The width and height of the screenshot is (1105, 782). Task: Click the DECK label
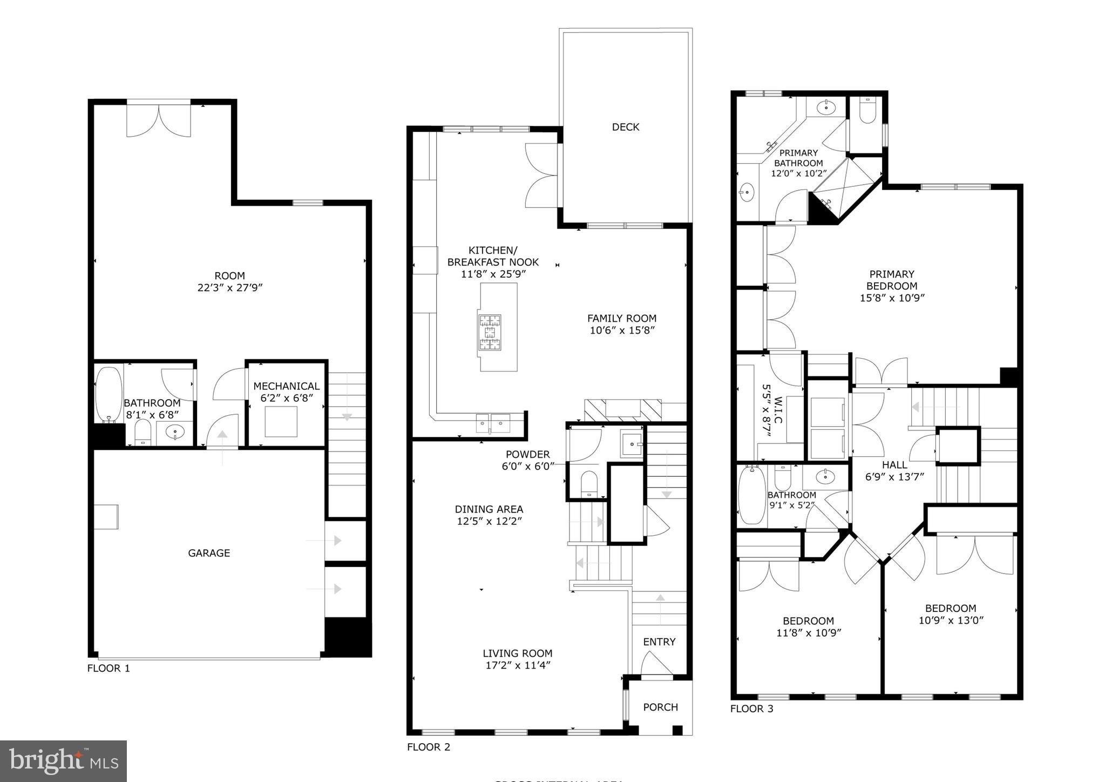coord(625,127)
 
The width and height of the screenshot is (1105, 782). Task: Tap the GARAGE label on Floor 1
coord(209,553)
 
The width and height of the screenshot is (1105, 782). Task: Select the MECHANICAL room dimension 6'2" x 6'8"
coord(286,399)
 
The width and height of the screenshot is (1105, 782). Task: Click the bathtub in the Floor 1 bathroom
coord(109,395)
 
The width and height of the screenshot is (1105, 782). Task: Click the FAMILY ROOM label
coord(621,319)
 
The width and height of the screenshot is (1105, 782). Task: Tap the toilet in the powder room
coord(588,483)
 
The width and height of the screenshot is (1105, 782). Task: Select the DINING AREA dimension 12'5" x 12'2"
coord(489,521)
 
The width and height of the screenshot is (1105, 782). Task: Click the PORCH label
coord(660,707)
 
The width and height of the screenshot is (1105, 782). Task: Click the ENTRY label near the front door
coord(659,642)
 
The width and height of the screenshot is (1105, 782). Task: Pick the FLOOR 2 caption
coord(428,747)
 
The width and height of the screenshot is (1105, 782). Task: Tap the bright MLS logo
coord(63,761)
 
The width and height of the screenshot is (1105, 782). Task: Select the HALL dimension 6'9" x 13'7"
coord(894,477)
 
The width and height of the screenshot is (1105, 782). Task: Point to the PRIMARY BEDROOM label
coord(892,280)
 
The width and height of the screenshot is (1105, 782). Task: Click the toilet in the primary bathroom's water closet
coord(867,111)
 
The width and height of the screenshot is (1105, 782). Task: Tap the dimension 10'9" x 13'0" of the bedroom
coord(951,621)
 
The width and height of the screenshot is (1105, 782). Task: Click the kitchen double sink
coord(493,423)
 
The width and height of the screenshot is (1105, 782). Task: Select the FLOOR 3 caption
coord(751,709)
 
